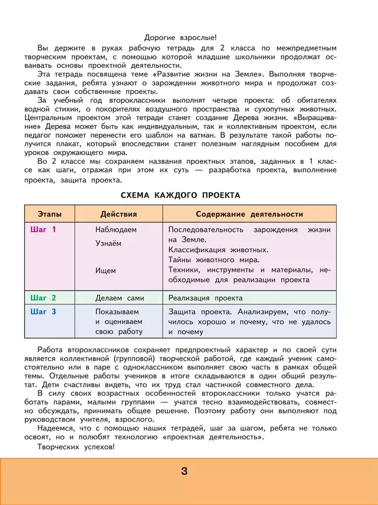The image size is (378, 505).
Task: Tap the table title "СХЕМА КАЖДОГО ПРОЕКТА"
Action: (x=180, y=195)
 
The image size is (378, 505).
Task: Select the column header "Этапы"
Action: (x=49, y=214)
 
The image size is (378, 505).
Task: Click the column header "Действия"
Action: (x=119, y=214)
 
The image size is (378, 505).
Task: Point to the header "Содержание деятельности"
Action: (x=249, y=214)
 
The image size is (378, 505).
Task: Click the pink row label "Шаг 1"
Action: (x=43, y=230)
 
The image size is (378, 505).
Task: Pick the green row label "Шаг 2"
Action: (x=43, y=298)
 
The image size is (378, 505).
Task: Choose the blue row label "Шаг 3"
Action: (x=43, y=311)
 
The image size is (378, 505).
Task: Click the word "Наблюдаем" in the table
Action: (x=116, y=230)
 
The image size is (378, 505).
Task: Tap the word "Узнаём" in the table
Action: (x=109, y=243)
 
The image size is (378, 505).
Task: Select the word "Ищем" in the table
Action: (x=105, y=270)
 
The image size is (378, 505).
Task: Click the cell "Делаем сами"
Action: (x=119, y=298)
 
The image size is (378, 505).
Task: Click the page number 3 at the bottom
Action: (x=184, y=471)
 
